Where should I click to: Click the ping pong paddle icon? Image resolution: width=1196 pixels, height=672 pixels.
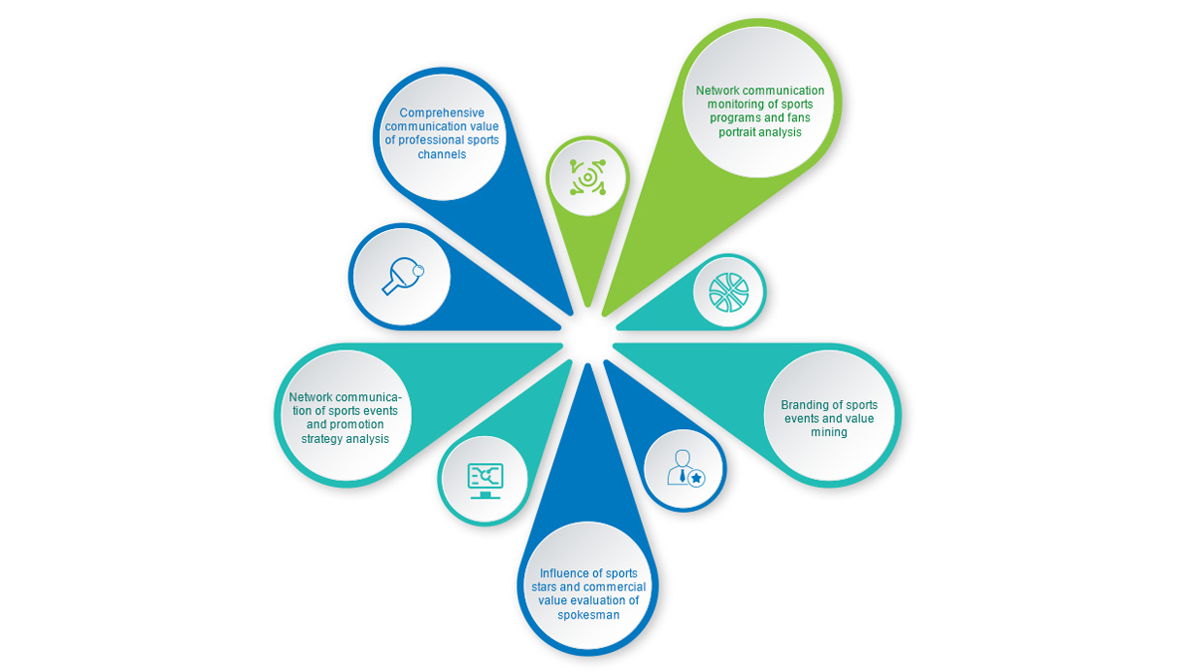pyautogui.click(x=401, y=276)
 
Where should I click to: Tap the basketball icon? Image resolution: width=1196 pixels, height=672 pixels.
pyautogui.click(x=728, y=291)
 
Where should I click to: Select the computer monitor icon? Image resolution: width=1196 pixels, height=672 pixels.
pyautogui.click(x=486, y=479)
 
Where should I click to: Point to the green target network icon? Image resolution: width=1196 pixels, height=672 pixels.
pyautogui.click(x=588, y=177)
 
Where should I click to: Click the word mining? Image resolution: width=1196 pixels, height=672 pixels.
pyautogui.click(x=829, y=432)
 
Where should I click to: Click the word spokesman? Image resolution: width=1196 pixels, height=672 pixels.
pyautogui.click(x=587, y=615)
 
